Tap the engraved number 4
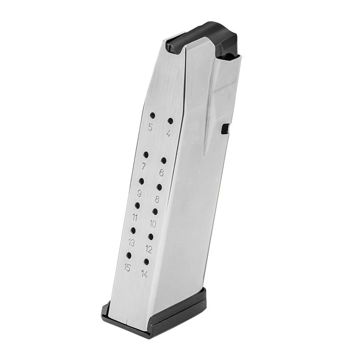point(168,133)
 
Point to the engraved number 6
point(162,173)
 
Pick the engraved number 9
point(139,193)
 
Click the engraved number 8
point(157,199)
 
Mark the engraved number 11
point(135,218)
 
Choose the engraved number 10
point(153,224)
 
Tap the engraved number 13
point(131,243)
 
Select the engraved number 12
point(149,249)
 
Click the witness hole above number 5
point(152,115)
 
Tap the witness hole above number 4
point(170,121)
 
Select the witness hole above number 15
point(129,255)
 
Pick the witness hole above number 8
point(159,187)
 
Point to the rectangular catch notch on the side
point(225,129)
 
